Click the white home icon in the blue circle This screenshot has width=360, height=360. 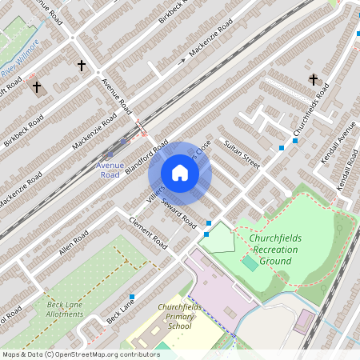coord(180,173)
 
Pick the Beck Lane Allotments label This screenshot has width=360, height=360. coord(65,309)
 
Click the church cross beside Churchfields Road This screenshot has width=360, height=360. coord(313,80)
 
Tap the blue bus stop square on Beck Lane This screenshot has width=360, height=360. coord(132,297)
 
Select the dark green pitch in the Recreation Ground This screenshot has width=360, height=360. coord(250,262)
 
